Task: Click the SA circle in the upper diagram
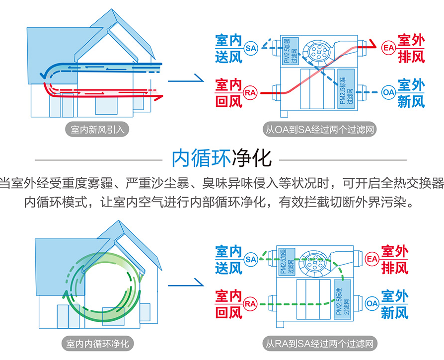coord(251,48)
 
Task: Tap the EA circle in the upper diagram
coord(388,48)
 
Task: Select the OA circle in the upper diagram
coord(388,92)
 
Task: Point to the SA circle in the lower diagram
coord(251,259)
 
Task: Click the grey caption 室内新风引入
coord(97,130)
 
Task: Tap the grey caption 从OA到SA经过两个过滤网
coord(319,130)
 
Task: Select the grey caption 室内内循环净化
coord(97,343)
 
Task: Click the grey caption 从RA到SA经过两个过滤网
coord(319,343)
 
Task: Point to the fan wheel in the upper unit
coord(316,51)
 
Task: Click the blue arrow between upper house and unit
coord(186,79)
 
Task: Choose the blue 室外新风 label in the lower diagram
coord(395,303)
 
